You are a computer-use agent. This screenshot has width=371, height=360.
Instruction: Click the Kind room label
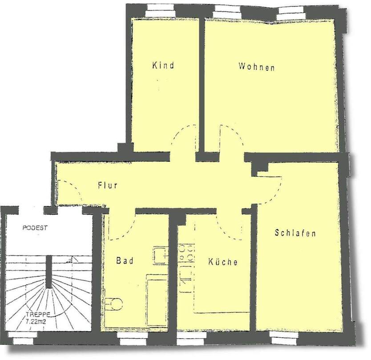(x=163, y=65)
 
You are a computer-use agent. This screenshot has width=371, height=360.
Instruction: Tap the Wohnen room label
(x=257, y=67)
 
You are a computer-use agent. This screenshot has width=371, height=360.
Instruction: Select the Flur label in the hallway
(x=108, y=185)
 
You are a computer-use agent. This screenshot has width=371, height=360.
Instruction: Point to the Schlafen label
(x=295, y=233)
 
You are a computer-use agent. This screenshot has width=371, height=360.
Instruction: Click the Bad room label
(x=125, y=260)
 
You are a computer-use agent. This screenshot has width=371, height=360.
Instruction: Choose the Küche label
(x=223, y=261)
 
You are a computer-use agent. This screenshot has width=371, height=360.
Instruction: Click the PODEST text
(x=35, y=228)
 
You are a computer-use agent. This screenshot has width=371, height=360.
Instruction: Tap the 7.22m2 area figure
(x=36, y=321)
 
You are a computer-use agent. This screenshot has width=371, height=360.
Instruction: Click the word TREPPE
(x=38, y=315)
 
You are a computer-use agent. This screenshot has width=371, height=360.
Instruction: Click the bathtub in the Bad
(x=157, y=300)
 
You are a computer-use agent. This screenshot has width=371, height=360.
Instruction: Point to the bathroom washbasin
(x=161, y=255)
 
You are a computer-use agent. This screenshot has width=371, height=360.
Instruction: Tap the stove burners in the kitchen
(x=186, y=253)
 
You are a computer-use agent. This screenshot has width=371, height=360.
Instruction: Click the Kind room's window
(x=160, y=11)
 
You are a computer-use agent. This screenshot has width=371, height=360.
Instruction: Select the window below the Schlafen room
(x=285, y=338)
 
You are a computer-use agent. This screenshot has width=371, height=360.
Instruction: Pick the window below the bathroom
(x=133, y=338)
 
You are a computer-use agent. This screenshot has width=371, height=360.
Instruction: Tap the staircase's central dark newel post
(x=49, y=272)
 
